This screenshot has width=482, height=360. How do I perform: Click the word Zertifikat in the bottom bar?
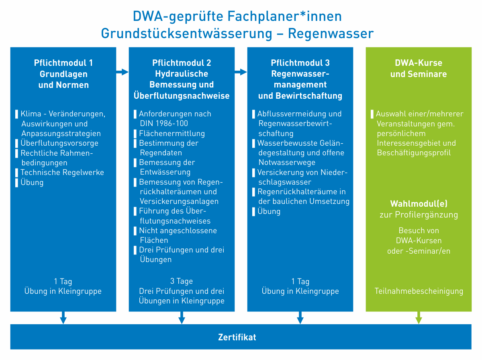click(237, 337)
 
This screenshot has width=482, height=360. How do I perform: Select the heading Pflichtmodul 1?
click(63, 63)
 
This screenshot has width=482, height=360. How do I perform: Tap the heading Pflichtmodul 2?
click(182, 63)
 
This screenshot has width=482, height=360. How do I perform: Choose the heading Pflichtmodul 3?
click(300, 63)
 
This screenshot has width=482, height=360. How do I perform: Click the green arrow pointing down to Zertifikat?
click(419, 317)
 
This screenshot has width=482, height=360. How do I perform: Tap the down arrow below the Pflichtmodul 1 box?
click(63, 317)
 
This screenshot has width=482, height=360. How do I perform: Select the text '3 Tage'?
click(182, 281)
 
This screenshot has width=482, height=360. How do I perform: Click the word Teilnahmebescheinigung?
click(419, 291)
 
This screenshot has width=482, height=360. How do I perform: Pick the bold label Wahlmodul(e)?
click(419, 203)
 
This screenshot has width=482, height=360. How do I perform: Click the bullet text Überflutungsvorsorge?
click(59, 143)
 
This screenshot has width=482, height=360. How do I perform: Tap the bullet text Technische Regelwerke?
click(62, 172)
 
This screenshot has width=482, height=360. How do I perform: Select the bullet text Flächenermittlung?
click(172, 133)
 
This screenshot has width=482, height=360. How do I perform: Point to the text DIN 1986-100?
click(164, 124)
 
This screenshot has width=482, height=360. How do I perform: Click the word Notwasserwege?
click(287, 163)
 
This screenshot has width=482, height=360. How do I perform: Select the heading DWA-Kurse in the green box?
click(419, 63)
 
